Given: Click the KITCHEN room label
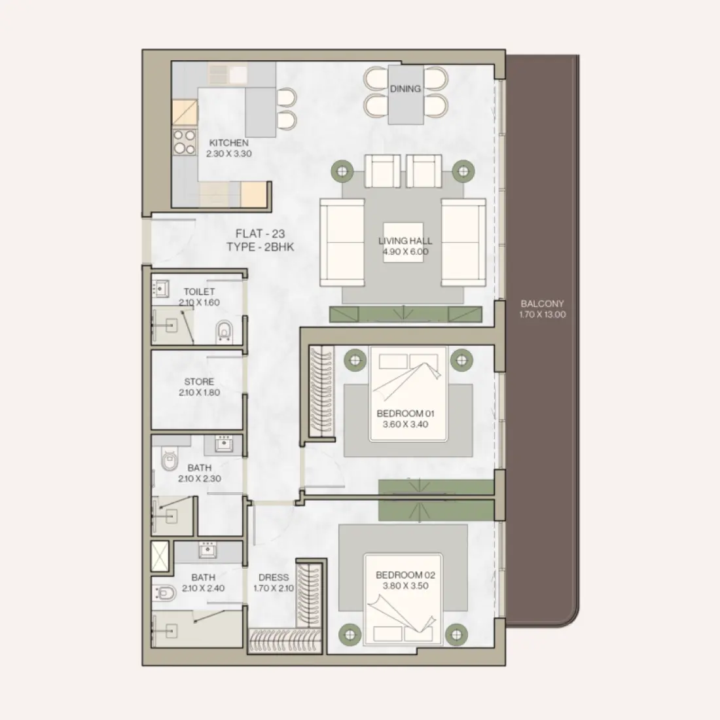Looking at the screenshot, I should point(228,143).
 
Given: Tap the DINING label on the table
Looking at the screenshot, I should point(405,89).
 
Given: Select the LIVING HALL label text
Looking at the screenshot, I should point(405,241).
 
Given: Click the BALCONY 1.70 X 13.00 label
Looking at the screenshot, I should point(542,309).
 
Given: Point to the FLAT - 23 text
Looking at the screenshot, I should point(260,234).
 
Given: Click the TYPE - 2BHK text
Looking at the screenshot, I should point(260,247).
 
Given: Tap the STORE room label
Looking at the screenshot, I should point(199,382).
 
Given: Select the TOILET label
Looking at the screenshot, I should point(199,292).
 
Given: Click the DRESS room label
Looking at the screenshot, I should point(274,577).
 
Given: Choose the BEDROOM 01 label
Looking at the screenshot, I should point(405,414).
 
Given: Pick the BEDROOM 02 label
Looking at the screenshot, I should point(405,575).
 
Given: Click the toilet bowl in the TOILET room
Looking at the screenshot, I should point(224,331).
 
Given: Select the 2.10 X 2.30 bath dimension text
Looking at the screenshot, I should point(199,478).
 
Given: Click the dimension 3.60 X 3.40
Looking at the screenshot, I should point(405,424).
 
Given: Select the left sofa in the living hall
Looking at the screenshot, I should point(341,243).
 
